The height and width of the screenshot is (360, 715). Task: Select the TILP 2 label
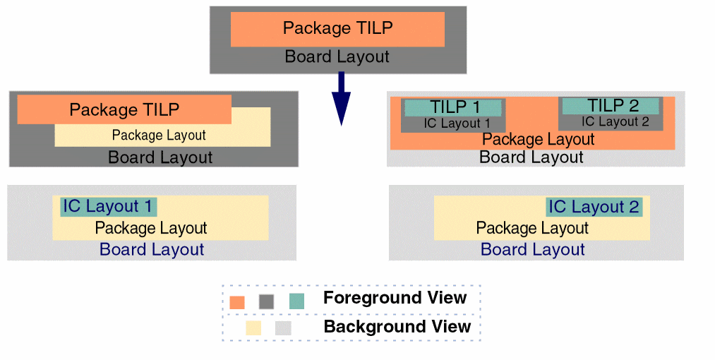pos(613,106)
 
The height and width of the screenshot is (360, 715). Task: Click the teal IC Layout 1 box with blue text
pos(108,207)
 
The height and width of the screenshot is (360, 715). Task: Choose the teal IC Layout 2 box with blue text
pos(594,207)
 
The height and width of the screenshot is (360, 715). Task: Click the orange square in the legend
pos(237,301)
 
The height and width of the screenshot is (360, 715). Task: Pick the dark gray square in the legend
pos(266,301)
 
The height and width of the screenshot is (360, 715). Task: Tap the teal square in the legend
pos(296,301)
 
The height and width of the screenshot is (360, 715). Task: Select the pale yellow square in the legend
pos(253,328)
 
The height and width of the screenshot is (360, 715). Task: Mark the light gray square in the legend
pos(283,328)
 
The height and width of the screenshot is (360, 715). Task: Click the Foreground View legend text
pos(395,298)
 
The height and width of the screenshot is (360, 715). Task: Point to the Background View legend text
pos(397,327)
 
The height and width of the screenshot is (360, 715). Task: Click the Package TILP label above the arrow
pos(337,28)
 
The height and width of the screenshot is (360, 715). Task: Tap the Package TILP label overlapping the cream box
pos(124,109)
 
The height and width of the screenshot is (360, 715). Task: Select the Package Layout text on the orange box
pos(538,140)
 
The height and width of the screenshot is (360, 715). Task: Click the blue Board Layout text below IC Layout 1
pos(152,249)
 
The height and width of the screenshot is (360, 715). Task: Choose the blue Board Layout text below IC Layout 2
pos(533,249)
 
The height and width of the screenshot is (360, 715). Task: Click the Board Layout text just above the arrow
pos(337,57)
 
